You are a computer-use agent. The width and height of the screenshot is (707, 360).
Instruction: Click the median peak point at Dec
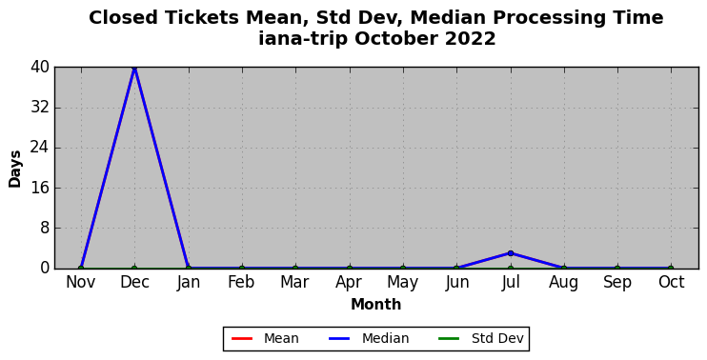(134, 68)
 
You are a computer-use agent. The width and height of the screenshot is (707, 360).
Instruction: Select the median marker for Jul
(511, 253)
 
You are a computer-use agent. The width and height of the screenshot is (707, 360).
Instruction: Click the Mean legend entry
(265, 338)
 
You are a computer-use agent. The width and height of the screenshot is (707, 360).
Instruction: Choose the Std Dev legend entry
(481, 338)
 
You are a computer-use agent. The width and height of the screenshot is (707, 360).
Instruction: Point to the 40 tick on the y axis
(40, 68)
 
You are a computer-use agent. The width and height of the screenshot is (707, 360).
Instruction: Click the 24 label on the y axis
(40, 148)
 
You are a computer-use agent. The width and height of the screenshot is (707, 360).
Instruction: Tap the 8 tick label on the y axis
(45, 228)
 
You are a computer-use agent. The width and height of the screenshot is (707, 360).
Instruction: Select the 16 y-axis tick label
(40, 188)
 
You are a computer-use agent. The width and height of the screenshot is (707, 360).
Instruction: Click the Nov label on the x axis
(81, 283)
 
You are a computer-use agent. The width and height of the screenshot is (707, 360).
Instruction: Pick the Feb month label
(242, 283)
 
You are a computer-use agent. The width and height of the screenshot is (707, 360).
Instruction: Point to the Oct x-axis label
(672, 283)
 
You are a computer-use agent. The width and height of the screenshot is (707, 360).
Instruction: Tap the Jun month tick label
(456, 283)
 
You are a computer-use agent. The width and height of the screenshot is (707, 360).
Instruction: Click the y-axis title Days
(15, 169)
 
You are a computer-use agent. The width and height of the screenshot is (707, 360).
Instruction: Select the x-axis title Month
(376, 305)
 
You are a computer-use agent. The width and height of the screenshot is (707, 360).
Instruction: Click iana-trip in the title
(303, 40)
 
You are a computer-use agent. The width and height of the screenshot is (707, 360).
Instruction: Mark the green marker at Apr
(350, 269)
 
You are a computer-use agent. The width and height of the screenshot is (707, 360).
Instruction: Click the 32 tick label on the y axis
(40, 108)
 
